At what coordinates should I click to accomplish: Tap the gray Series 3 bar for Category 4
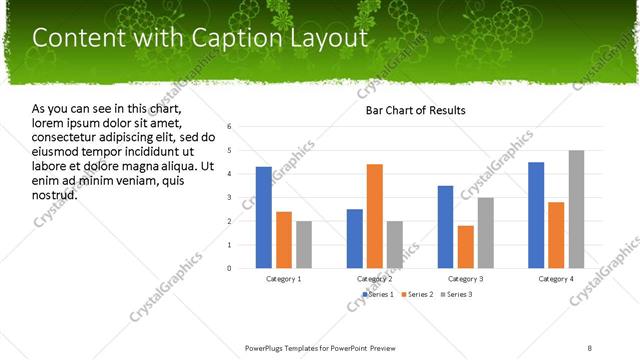point(577,209)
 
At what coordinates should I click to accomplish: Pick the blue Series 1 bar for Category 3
point(445,227)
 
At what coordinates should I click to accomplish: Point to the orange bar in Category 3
point(465,247)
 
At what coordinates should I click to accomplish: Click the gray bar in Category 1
point(304,245)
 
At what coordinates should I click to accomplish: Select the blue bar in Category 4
point(536,215)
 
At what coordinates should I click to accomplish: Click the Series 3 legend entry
point(456,295)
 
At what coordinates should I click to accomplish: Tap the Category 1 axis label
point(284,278)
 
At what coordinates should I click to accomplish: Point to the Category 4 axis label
point(557,278)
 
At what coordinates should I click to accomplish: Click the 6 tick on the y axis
point(230,127)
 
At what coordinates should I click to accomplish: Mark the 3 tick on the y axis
point(230,197)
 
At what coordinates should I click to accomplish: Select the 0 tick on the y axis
point(230,268)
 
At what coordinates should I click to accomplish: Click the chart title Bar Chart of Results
point(415,110)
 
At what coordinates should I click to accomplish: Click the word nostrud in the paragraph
point(55,194)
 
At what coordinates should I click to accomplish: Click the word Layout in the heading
point(326,38)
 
